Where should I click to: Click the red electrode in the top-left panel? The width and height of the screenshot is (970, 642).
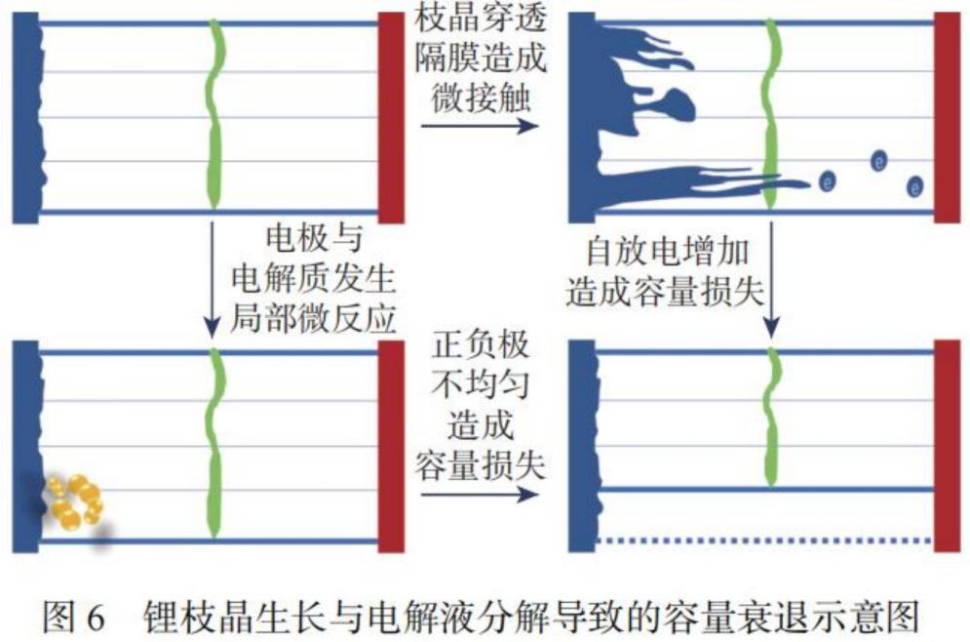click(390, 115)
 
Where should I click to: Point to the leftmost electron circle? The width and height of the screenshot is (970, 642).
click(828, 181)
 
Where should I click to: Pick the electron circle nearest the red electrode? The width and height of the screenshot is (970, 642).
click(915, 185)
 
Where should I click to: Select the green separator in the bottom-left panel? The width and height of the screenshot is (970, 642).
click(216, 444)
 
